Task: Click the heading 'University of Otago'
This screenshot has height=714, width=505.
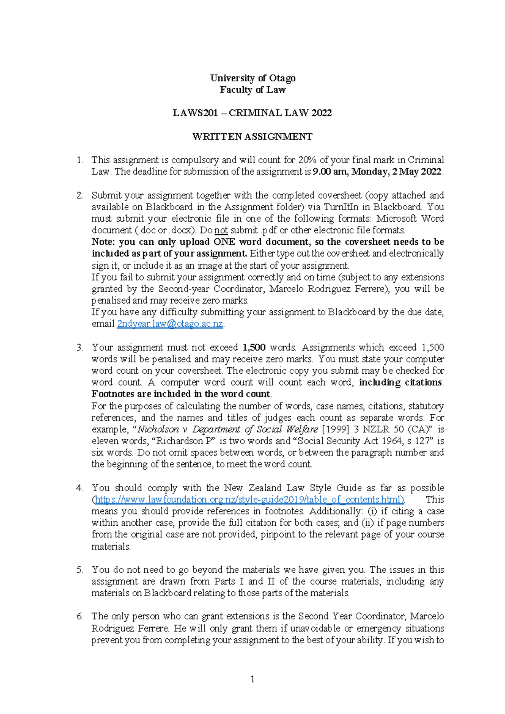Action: click(x=252, y=78)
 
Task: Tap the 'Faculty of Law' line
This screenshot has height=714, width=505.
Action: click(x=252, y=90)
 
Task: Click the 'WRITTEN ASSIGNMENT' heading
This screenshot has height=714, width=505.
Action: click(x=252, y=137)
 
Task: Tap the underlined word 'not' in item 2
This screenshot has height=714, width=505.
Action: click(x=221, y=230)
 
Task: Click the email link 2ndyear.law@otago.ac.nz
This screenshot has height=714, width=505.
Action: click(x=170, y=324)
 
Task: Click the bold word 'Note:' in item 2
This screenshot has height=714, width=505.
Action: click(x=104, y=242)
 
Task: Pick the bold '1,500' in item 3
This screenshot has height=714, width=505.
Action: click(x=254, y=348)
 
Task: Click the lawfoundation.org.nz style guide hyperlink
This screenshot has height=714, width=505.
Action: click(x=250, y=500)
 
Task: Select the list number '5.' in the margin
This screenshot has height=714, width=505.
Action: click(x=80, y=570)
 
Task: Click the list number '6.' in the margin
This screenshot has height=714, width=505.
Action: click(x=80, y=617)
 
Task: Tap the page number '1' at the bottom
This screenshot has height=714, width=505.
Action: click(x=252, y=679)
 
